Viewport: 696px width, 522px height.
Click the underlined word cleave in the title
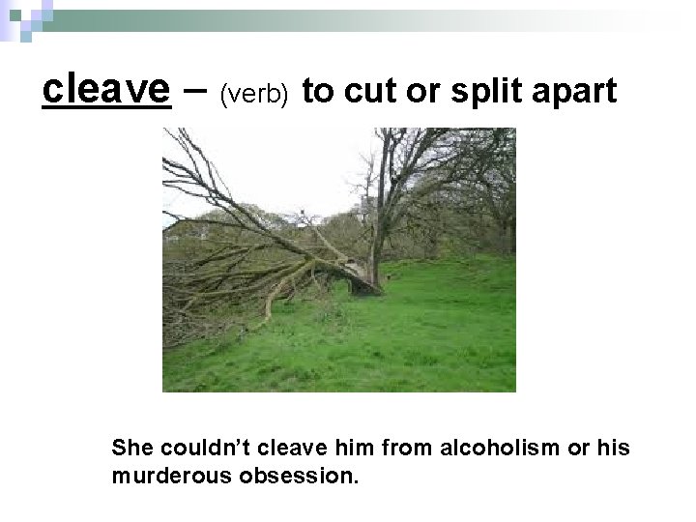point(105,90)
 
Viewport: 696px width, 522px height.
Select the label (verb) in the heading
point(255,94)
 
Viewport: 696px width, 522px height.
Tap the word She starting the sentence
point(132,449)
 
